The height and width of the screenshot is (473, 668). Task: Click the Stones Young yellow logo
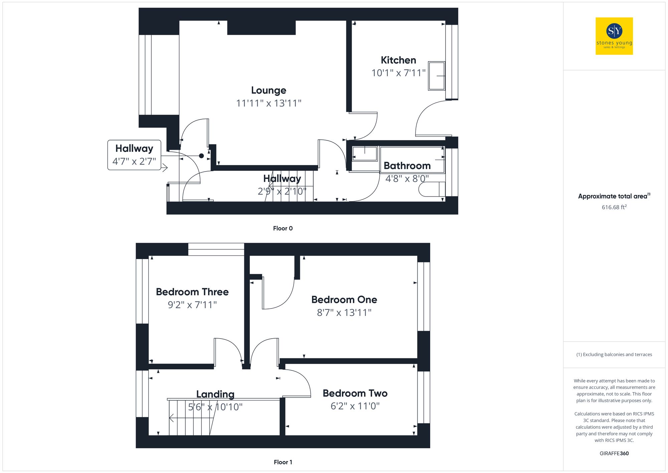(614, 36)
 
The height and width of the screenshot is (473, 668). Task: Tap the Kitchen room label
(398, 60)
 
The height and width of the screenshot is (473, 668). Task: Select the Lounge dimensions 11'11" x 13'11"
(269, 103)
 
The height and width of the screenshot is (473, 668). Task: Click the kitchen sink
(437, 76)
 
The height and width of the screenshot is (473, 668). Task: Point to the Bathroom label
(407, 166)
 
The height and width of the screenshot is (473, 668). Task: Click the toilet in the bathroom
(432, 189)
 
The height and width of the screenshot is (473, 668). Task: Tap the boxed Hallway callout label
(134, 148)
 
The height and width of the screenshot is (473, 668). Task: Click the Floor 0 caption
(283, 228)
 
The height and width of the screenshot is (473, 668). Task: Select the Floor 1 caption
(283, 462)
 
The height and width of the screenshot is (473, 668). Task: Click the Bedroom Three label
(192, 292)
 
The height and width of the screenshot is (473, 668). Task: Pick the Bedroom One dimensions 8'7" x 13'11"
(344, 313)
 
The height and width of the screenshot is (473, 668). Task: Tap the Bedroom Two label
(355, 393)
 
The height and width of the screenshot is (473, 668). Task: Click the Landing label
(215, 394)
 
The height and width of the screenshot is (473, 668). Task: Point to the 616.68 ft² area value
(614, 207)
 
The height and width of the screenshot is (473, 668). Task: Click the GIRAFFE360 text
(614, 453)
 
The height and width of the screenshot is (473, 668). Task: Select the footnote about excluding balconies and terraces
(614, 354)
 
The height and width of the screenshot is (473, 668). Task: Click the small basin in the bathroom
(365, 154)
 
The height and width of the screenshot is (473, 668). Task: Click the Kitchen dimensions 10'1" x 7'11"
(398, 73)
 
